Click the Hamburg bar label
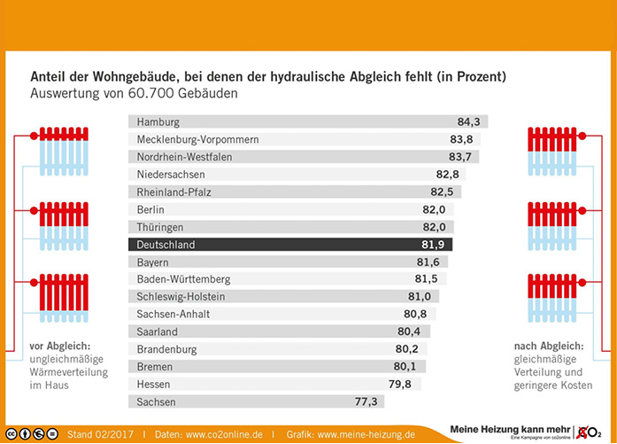(158, 122)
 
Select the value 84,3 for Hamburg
(468, 122)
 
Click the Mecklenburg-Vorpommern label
(197, 140)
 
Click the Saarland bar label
(158, 331)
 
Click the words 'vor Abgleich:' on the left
(58, 345)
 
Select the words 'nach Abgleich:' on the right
(547, 345)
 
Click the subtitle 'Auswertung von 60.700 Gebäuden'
(134, 93)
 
